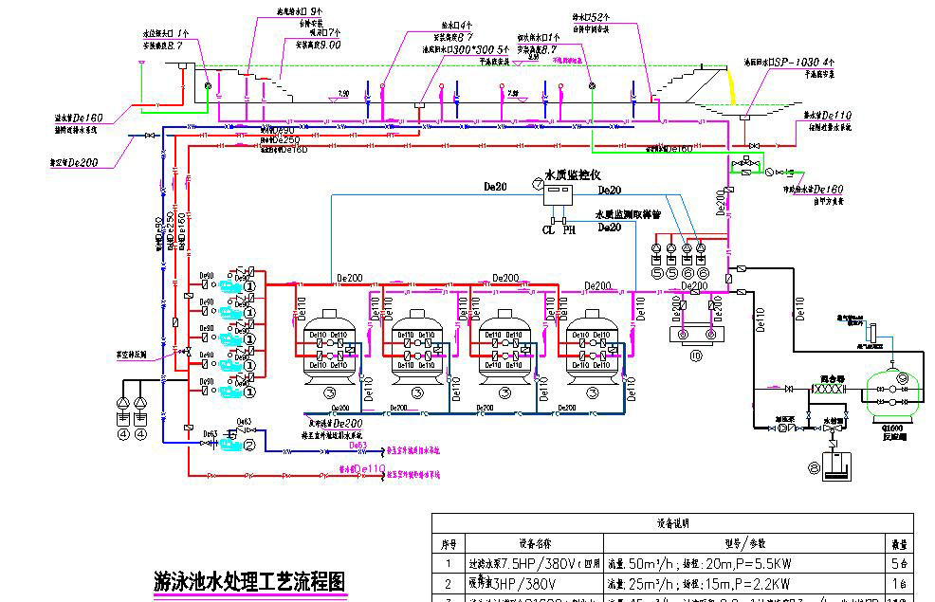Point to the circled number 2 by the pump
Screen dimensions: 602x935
[250, 442]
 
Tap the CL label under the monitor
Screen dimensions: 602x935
[547, 229]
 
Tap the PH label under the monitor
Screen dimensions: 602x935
[569, 229]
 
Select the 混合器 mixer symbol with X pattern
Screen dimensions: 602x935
[829, 389]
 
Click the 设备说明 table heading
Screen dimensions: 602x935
[673, 522]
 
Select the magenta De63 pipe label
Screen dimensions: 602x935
[358, 444]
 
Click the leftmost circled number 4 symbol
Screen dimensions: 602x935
[122, 434]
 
